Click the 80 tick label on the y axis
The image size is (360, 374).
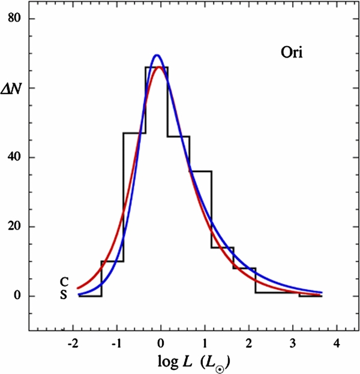(14, 19)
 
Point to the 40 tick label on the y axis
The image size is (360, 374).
(14, 158)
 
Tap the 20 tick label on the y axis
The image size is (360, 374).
(14, 227)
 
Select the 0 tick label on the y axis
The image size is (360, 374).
(18, 296)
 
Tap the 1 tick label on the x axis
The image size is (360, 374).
(205, 343)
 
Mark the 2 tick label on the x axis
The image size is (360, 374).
(248, 343)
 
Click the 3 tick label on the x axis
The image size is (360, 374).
(293, 343)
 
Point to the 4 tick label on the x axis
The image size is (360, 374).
(337, 343)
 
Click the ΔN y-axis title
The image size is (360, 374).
(14, 88)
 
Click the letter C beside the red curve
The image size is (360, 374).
(64, 281)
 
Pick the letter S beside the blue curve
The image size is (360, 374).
(64, 294)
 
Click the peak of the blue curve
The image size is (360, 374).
(157, 55)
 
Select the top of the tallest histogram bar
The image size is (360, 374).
(157, 67)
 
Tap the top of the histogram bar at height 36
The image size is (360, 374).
(200, 171)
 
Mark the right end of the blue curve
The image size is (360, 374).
(322, 292)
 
